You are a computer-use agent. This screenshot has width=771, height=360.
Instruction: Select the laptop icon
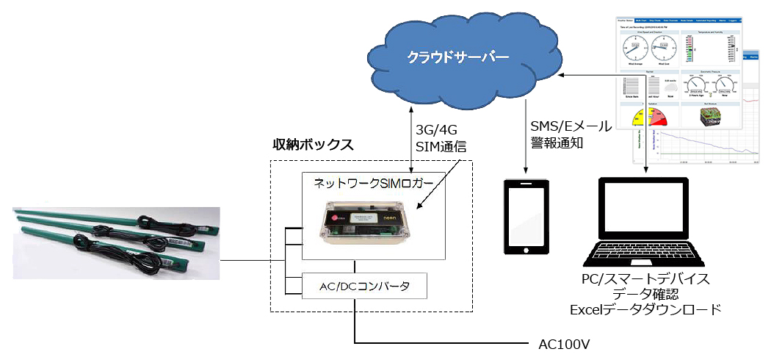click(x=645, y=223)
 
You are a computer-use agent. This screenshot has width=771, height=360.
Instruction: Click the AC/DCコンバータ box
click(x=366, y=286)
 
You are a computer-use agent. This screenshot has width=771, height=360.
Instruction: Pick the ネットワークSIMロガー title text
click(x=374, y=183)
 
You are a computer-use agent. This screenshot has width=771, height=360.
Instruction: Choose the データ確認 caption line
click(x=645, y=295)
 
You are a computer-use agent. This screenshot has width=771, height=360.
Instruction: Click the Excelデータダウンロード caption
click(x=645, y=310)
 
